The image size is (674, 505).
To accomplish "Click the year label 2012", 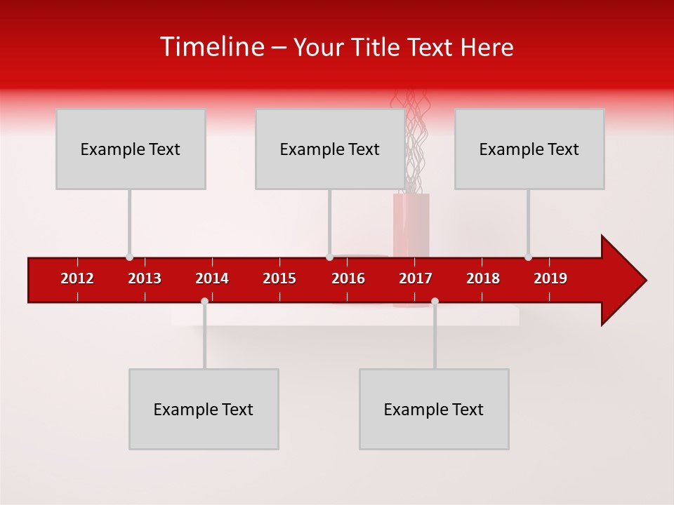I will point(77,278).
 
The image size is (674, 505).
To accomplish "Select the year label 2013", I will point(145,278).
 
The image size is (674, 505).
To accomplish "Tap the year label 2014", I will point(212,278).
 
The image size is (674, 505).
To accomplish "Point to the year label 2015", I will point(279,278).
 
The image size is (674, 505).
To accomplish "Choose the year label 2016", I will point(348,278).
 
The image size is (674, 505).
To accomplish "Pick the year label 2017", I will point(416,278).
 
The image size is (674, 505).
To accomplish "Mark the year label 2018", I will point(483,278).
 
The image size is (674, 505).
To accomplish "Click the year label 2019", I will point(550,278).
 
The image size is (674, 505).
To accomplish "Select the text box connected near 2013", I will point(131,149).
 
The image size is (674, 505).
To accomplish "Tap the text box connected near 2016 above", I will point(330,149).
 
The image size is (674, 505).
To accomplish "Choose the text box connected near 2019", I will point(529,149).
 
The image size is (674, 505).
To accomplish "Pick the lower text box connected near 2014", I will point(204,409).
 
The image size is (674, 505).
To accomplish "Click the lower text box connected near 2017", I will point(434,409).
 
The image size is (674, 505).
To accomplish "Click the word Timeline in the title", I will point(211,47).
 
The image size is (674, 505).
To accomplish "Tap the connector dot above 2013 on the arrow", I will point(129,257).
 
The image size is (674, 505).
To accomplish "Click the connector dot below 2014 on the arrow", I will point(204,301).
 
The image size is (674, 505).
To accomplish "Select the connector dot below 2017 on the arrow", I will point(435,301).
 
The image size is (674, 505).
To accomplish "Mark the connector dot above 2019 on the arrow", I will point(528,257).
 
